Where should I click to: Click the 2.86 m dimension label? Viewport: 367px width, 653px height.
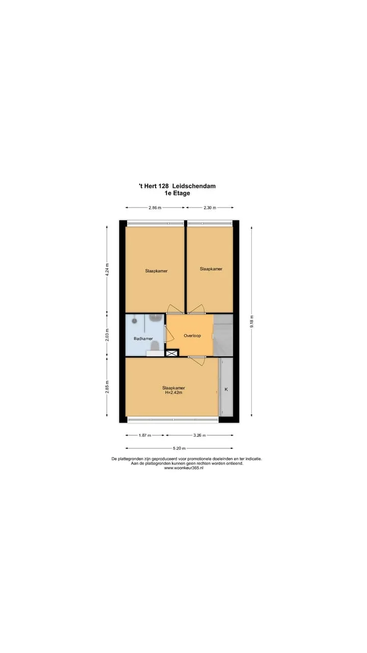coord(154,208)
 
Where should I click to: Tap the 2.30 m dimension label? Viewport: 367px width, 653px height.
coord(209,208)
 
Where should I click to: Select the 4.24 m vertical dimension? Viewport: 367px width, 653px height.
coord(107,270)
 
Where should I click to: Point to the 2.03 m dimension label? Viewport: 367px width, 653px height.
coord(107,335)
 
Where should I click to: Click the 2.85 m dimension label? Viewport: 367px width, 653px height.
coord(107,387)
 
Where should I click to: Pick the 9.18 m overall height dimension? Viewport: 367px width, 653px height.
coord(252,321)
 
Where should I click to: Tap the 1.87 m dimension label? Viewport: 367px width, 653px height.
coord(145,435)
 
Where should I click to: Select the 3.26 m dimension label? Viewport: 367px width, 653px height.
coord(199,435)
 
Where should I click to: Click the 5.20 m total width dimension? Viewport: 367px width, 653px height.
coord(179,448)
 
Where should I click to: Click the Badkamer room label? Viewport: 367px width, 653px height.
coord(143,339)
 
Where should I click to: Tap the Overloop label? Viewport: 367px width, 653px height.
coord(192,336)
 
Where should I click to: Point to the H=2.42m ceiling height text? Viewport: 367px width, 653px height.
coord(174,393)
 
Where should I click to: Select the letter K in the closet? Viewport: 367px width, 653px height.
coord(226,389)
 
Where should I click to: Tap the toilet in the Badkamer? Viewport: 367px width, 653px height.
coord(155,346)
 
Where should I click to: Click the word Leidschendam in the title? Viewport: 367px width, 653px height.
coord(194,186)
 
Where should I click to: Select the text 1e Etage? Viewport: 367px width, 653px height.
coord(177,193)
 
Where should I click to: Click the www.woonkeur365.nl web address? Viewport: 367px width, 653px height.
coord(183,468)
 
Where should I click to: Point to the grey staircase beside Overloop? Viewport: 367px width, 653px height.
coord(223,335)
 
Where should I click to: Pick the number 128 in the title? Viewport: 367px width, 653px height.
coord(163,186)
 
